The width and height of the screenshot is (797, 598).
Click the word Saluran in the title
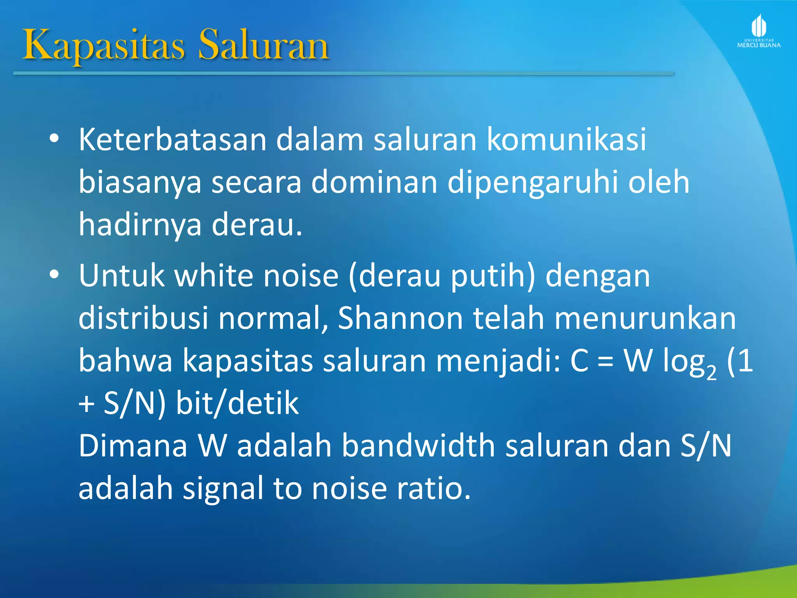[264, 46]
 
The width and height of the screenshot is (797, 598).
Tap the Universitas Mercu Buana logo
[758, 31]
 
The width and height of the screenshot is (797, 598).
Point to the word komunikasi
[567, 139]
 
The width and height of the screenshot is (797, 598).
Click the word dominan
[374, 182]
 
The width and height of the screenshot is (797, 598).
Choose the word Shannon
[400, 318]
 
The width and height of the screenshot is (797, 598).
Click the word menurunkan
[645, 318]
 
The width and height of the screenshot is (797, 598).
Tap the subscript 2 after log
[711, 373]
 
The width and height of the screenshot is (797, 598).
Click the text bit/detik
[237, 403]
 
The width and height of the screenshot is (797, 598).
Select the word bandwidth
[418, 446]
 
